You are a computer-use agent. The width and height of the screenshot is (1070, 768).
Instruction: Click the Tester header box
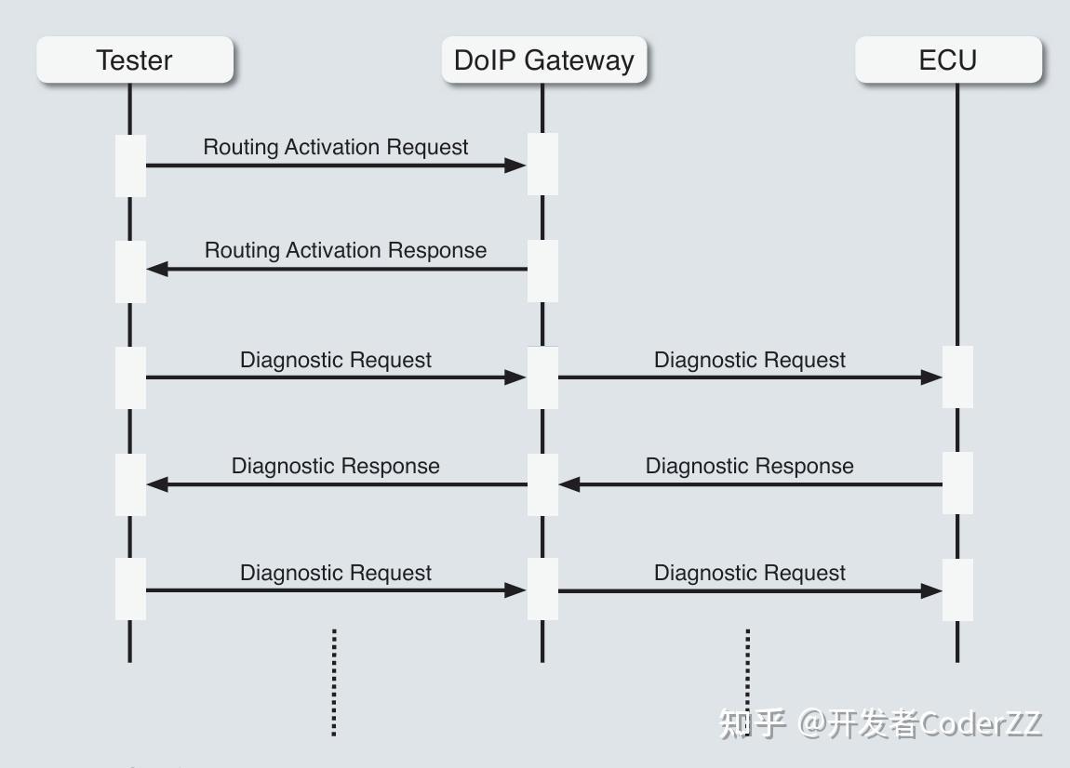click(x=135, y=60)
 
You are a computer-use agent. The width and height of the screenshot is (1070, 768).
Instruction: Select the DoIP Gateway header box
click(x=543, y=60)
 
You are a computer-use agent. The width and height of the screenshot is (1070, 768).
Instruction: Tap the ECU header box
click(x=948, y=60)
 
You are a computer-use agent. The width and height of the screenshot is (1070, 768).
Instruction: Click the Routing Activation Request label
click(x=336, y=147)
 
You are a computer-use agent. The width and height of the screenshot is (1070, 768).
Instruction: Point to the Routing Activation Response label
click(x=345, y=250)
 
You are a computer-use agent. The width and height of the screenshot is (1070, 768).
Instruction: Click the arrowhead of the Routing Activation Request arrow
click(x=515, y=166)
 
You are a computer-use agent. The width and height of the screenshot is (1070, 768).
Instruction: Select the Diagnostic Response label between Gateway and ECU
click(x=749, y=466)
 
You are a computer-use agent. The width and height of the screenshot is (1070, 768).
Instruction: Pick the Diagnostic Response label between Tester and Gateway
click(x=336, y=466)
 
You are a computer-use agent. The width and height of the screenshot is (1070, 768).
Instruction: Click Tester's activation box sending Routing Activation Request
click(x=130, y=166)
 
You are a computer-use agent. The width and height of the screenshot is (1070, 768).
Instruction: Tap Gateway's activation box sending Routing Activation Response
click(x=542, y=271)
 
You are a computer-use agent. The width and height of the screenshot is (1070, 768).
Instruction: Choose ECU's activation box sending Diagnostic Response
click(x=957, y=483)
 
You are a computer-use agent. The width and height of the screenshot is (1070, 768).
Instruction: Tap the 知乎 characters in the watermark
click(x=753, y=723)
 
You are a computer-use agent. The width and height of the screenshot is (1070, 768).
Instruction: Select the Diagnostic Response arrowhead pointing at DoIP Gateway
click(x=569, y=484)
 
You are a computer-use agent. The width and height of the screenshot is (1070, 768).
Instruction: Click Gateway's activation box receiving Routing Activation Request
click(x=542, y=165)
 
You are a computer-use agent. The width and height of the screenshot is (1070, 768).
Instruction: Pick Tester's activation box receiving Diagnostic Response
click(x=130, y=484)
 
